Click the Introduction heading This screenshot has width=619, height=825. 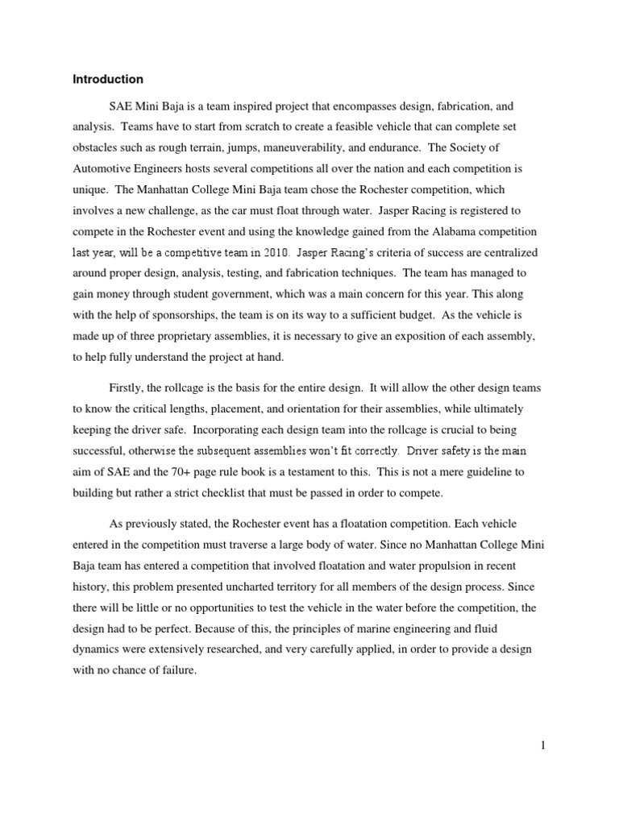[x=108, y=80]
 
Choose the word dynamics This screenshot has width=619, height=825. [x=98, y=649]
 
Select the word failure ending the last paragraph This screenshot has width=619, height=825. [x=177, y=670]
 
